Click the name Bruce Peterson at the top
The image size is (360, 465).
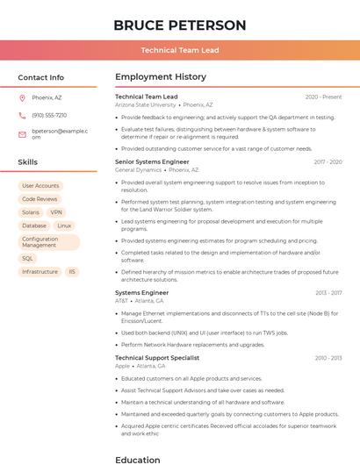pyautogui.click(x=179, y=25)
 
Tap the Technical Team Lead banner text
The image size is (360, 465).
pyautogui.click(x=179, y=51)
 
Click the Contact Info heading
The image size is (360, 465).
pyautogui.click(x=40, y=77)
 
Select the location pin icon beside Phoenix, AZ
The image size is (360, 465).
pyautogui.click(x=22, y=97)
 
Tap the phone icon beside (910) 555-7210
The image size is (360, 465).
pyautogui.click(x=22, y=115)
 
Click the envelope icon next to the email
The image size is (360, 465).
pyautogui.click(x=22, y=134)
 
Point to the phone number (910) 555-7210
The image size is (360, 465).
pyautogui.click(x=49, y=115)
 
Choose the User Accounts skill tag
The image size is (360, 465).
pyautogui.click(x=40, y=186)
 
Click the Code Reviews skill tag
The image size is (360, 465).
pyautogui.click(x=40, y=199)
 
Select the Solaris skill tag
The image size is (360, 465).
pyautogui.click(x=31, y=212)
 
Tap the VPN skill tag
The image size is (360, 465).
pyautogui.click(x=56, y=212)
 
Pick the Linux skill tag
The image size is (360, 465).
pyautogui.click(x=64, y=225)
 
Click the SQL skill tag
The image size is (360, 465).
pyautogui.click(x=27, y=259)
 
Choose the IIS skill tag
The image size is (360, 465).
pyautogui.click(x=72, y=272)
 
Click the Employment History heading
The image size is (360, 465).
pyautogui.click(x=160, y=77)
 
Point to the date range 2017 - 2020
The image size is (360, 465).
pyautogui.click(x=328, y=162)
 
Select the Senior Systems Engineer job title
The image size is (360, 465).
pyautogui.click(x=152, y=162)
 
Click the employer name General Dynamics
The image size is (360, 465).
pyautogui.click(x=138, y=170)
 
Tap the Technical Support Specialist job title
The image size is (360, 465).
pyautogui.click(x=157, y=358)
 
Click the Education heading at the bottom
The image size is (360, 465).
pyautogui.click(x=137, y=459)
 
